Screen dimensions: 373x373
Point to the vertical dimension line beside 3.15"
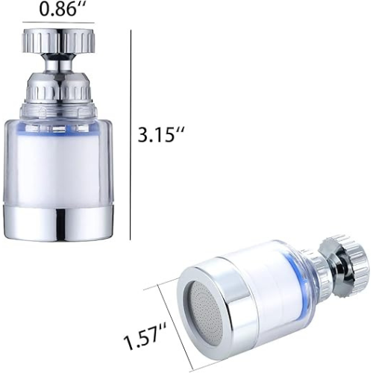pyautogui.click(x=131, y=135)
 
